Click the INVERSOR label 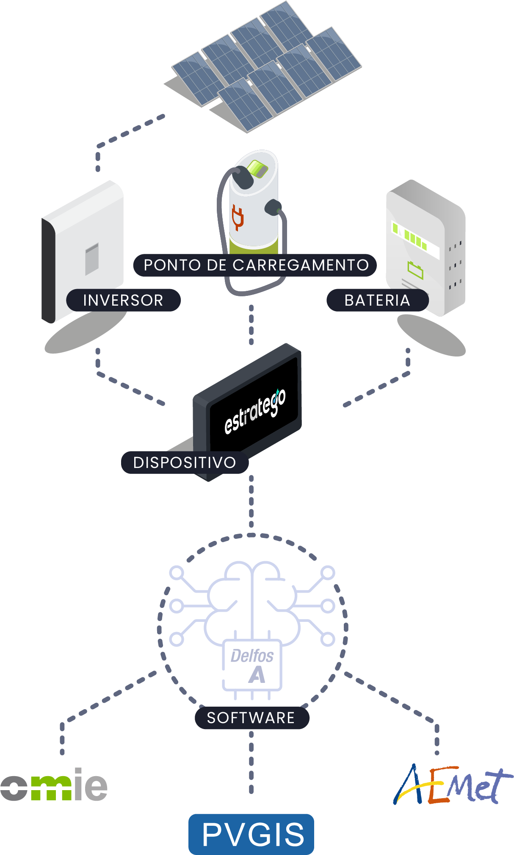tap(123, 300)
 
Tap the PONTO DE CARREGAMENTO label tap(255, 265)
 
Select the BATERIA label tap(377, 300)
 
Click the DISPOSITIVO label tap(185, 462)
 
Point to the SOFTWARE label tap(251, 718)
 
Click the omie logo tap(54, 785)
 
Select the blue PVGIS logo tap(251, 834)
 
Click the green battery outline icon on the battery tap(415, 270)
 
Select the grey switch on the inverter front tap(92, 259)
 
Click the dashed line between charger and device tap(251, 324)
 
